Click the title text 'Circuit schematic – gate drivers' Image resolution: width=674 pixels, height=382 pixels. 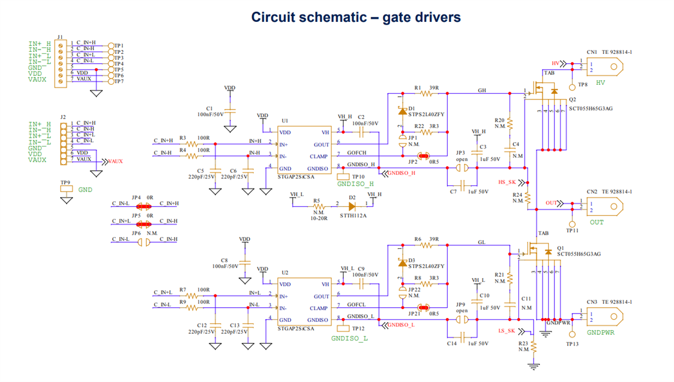tap(356, 17)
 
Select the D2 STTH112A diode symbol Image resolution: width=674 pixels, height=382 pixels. tap(353, 206)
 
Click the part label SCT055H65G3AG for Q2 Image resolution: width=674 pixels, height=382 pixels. tap(592, 108)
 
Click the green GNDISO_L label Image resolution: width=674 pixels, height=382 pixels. tap(349, 338)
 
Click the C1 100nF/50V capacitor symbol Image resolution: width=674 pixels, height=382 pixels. tap(230, 111)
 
